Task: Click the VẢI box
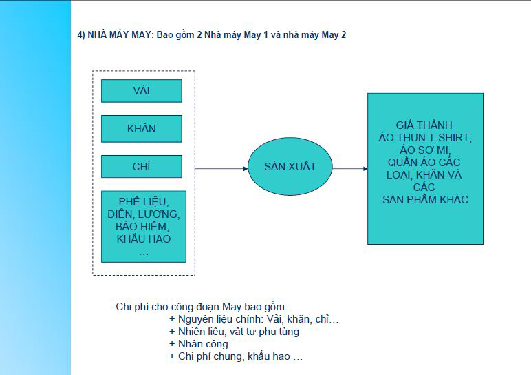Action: coord(142,91)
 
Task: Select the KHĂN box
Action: coord(142,129)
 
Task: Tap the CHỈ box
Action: coord(142,166)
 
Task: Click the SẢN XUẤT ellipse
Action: coord(290,166)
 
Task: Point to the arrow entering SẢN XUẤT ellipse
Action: coord(221,169)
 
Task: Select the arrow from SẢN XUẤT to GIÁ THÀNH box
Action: coord(350,169)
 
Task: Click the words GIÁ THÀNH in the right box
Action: coord(424,125)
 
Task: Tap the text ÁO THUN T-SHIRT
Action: coord(425,138)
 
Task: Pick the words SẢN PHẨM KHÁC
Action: coord(425,199)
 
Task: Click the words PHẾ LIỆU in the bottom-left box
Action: coord(142,201)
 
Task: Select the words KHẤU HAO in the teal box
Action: coord(144,239)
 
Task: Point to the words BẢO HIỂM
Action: coord(142,226)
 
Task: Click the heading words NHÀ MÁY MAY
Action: coord(119,35)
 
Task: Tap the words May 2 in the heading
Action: coord(334,35)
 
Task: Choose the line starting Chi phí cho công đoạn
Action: coord(202,307)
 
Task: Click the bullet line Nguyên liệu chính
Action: coord(254,319)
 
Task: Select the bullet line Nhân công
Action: coord(199,344)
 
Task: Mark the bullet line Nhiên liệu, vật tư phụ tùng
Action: coord(234,332)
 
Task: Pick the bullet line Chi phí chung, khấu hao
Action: coord(236,356)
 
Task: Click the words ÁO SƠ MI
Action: coord(424,150)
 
